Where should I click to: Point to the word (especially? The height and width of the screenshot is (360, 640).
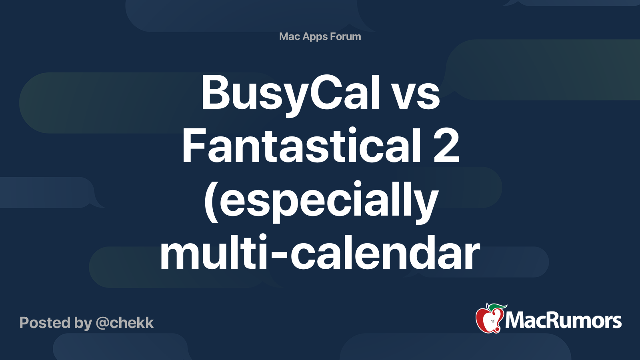(x=322, y=202)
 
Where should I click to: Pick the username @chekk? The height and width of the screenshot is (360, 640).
(x=125, y=323)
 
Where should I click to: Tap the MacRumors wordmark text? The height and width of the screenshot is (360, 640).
(x=563, y=320)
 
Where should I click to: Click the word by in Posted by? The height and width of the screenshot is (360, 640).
(x=83, y=324)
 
